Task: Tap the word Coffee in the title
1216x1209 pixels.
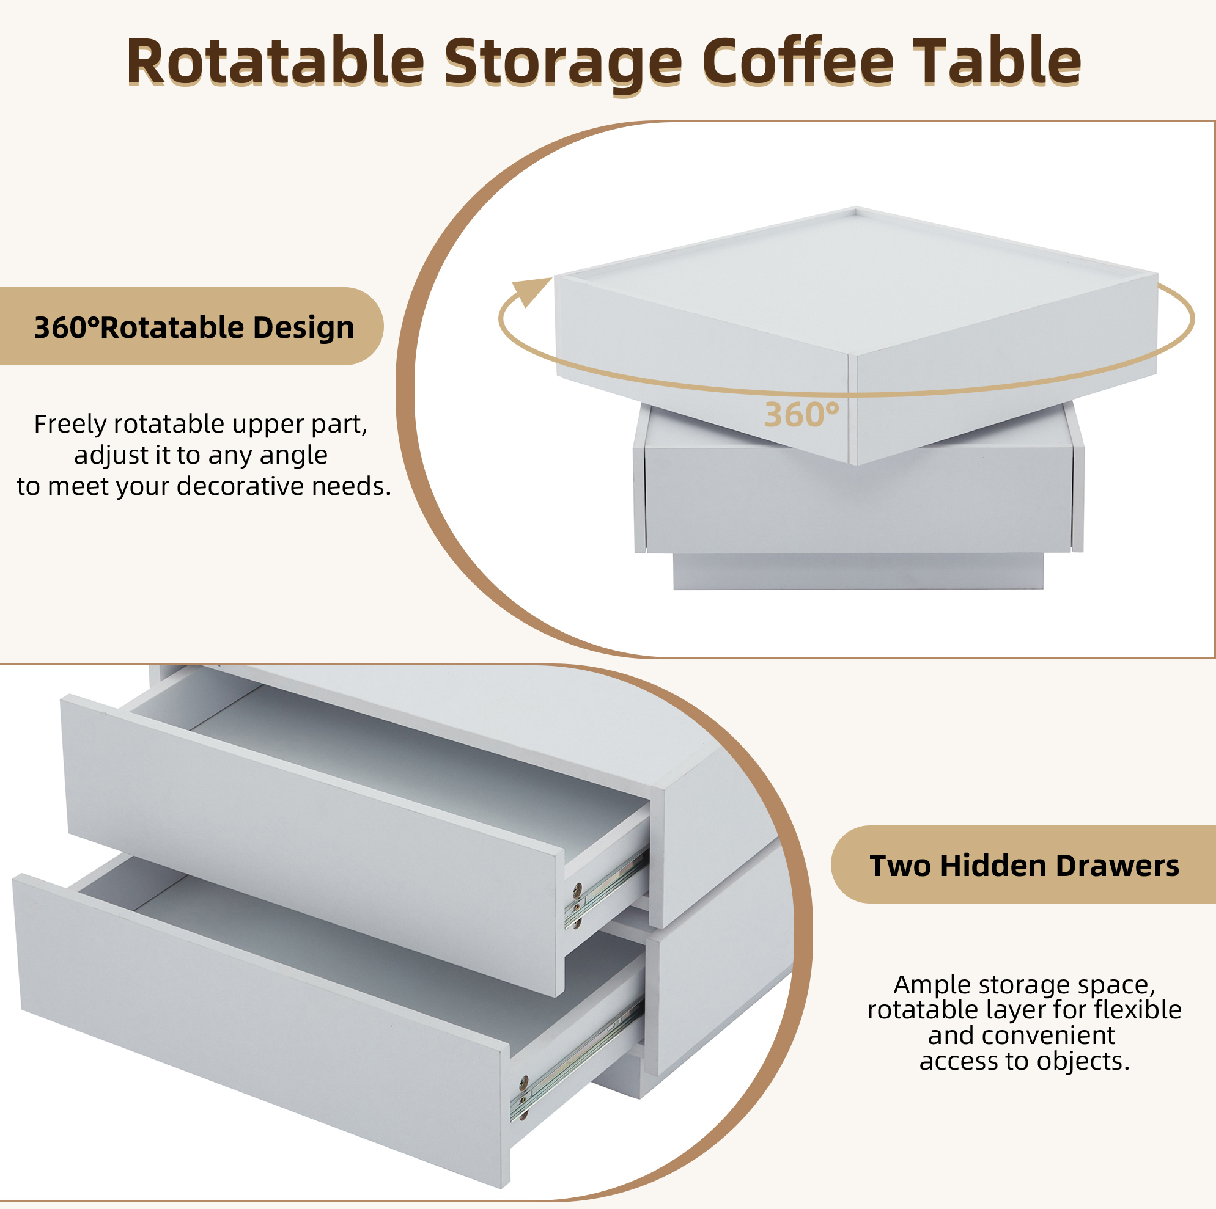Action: [x=797, y=61]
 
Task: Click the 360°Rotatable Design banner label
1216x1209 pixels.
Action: [x=194, y=327]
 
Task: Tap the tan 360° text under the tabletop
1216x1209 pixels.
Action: [x=801, y=415]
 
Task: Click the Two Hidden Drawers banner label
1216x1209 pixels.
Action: [x=1024, y=866]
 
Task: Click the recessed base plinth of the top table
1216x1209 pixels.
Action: [x=858, y=571]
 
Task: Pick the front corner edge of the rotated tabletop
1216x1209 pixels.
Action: [x=853, y=409]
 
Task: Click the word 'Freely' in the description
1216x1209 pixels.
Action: [x=70, y=425]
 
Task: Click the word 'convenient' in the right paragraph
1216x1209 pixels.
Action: [x=1052, y=1035]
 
